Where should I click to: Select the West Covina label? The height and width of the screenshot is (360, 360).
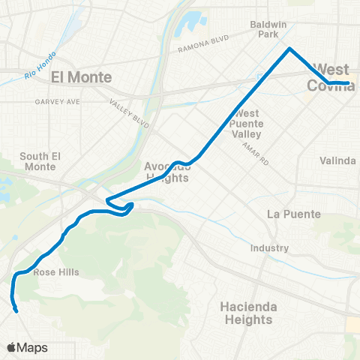tap(331, 76)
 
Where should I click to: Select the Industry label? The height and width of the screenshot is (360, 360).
tap(270, 248)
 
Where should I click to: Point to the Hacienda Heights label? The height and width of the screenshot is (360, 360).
tap(247, 313)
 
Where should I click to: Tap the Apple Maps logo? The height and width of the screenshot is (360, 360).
tap(27, 347)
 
